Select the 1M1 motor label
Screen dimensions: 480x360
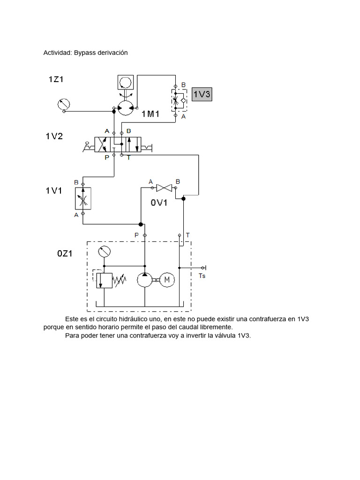click(151, 113)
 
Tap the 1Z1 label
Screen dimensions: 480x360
click(56, 79)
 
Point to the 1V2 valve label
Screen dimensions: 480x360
click(54, 136)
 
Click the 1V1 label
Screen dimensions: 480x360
click(54, 190)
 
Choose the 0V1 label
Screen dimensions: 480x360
click(159, 202)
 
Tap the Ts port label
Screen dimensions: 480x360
click(202, 276)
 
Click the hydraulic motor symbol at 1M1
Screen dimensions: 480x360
click(125, 108)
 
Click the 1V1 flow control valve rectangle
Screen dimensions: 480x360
click(83, 198)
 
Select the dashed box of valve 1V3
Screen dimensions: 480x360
click(176, 99)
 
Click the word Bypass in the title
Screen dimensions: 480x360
click(84, 53)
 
